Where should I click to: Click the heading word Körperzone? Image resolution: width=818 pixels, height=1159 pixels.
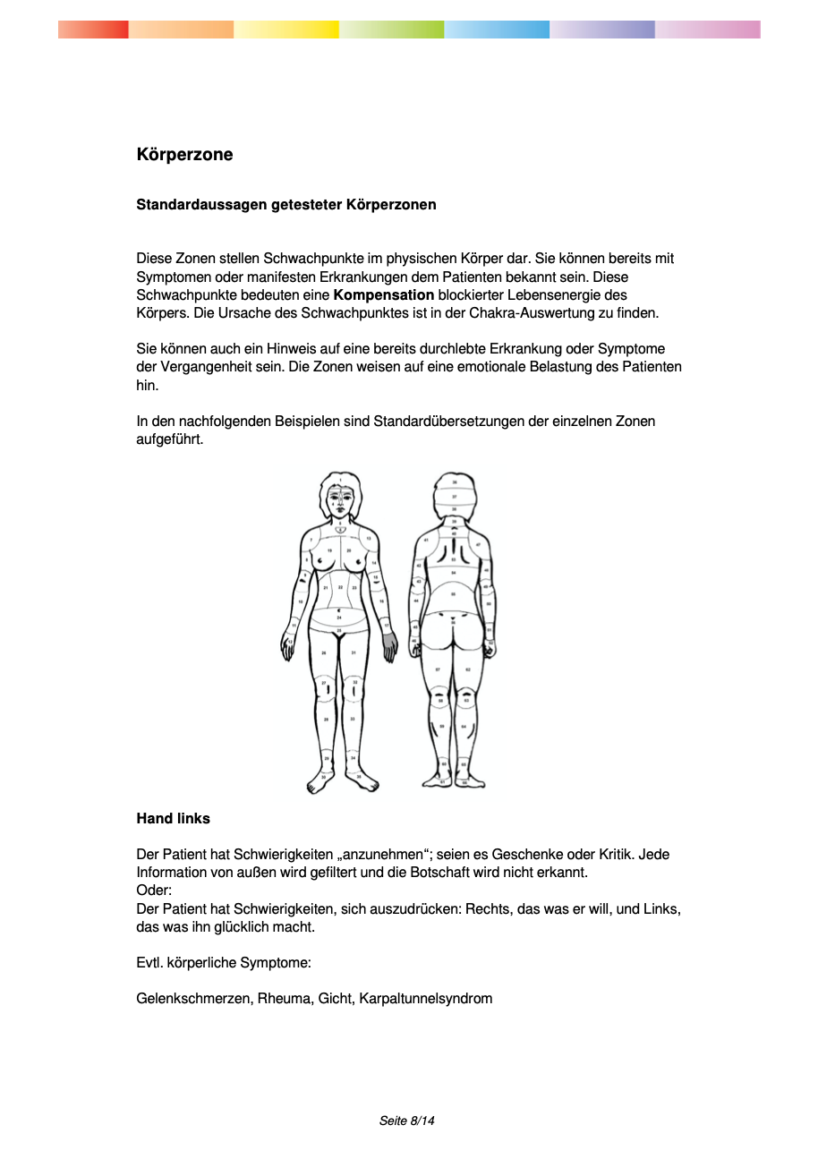click(x=184, y=155)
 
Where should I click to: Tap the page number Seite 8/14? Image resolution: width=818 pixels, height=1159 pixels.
click(x=407, y=1121)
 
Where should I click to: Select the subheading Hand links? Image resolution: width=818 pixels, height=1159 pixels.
click(x=173, y=818)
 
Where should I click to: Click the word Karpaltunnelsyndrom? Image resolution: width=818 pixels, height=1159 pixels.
click(x=426, y=998)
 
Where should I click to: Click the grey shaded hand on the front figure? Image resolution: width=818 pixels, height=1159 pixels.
click(x=389, y=645)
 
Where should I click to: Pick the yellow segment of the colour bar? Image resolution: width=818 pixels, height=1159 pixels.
click(x=286, y=30)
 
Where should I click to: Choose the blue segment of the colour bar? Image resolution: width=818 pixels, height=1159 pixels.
click(x=497, y=30)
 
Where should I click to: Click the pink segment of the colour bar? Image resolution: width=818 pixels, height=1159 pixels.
click(x=708, y=30)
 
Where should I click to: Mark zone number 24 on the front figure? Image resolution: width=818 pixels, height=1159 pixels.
click(x=339, y=618)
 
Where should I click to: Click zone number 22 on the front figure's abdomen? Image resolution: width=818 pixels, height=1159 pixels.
click(x=340, y=588)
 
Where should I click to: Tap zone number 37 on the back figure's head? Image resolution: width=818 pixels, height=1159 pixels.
click(x=455, y=496)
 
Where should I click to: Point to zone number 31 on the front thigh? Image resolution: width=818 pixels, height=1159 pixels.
click(x=354, y=652)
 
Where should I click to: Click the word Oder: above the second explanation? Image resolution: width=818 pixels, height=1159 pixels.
click(x=154, y=891)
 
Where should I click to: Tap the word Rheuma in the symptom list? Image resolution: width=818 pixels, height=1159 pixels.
click(x=284, y=998)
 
